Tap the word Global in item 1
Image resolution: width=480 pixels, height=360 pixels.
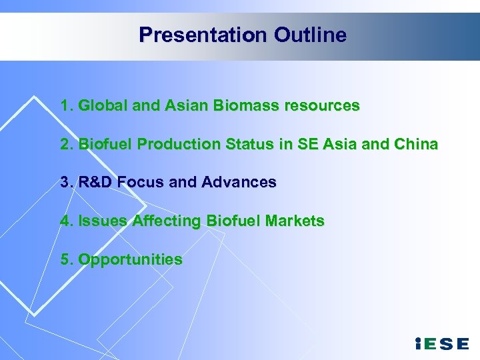coord(100,105)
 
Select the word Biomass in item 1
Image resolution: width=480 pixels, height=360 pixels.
coord(238,105)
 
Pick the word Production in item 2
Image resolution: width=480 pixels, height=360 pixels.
coord(165,144)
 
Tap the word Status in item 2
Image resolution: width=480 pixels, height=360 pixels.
coord(232,144)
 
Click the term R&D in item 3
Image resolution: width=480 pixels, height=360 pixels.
coord(96,182)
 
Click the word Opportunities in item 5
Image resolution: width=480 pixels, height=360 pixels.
coord(130,259)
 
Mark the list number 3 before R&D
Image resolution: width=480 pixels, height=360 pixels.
coord(65,182)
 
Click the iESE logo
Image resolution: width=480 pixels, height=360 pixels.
coord(441,344)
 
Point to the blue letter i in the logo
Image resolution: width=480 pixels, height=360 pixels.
coord(417,344)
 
